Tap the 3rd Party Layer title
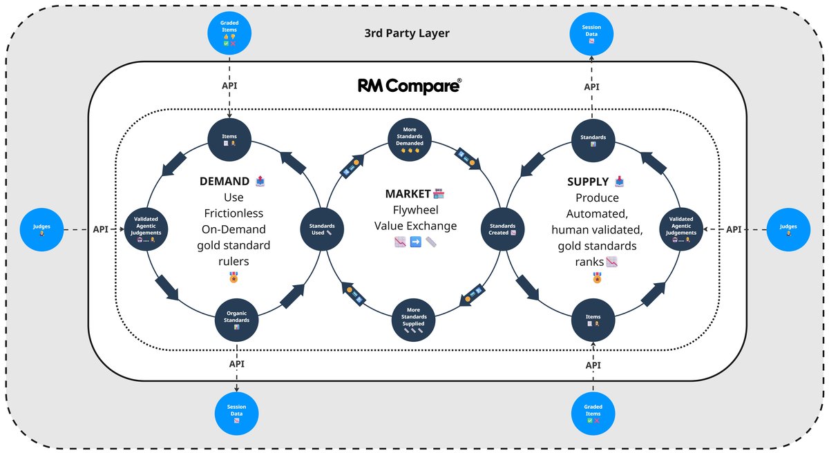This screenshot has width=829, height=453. tap(407, 32)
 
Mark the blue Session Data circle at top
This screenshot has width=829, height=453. tap(591, 33)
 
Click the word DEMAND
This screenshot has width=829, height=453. tap(224, 182)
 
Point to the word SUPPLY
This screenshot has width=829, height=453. tap(587, 182)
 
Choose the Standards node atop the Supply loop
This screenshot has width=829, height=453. tap(593, 140)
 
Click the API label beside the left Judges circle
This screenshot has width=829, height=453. tap(100, 229)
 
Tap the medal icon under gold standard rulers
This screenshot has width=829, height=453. tap(233, 278)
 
